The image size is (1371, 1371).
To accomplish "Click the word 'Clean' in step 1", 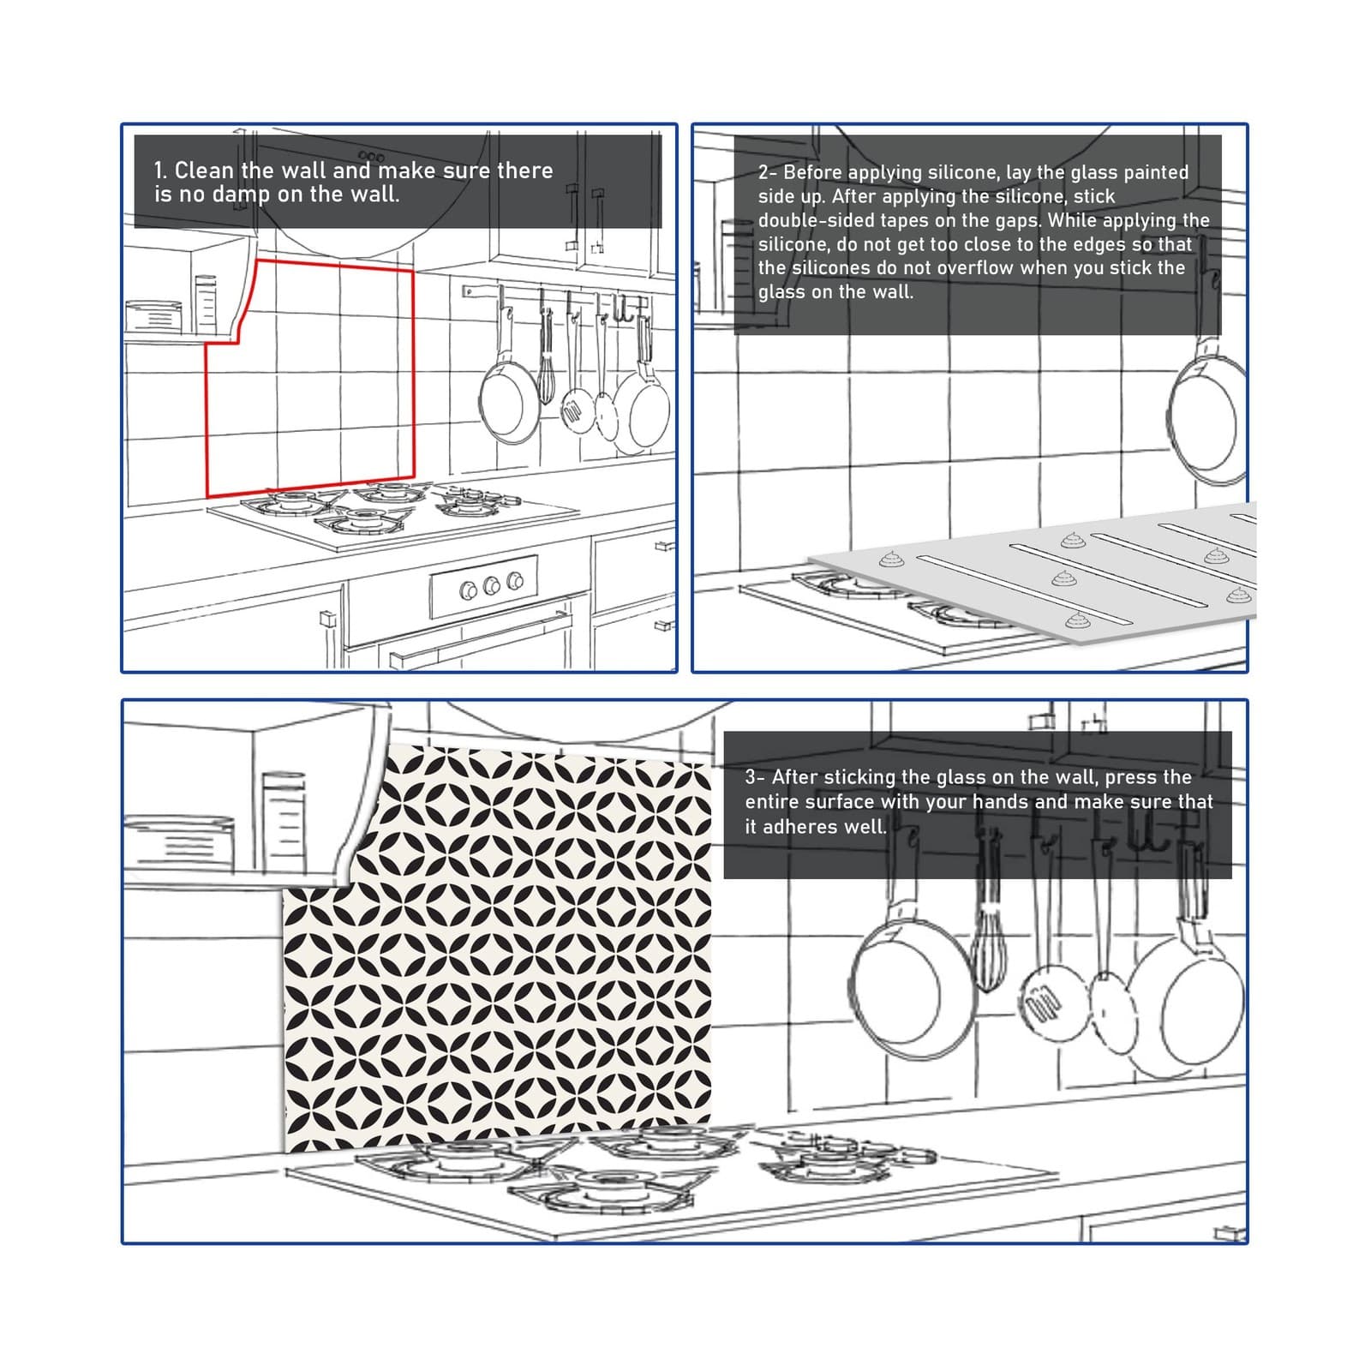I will (x=203, y=171).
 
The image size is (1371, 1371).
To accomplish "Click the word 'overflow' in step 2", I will (x=973, y=268).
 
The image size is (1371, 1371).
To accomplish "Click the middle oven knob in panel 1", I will (x=492, y=586).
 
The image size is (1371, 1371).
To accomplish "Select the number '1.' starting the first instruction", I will (x=161, y=171).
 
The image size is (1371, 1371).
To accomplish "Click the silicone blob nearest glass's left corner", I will (x=889, y=560).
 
